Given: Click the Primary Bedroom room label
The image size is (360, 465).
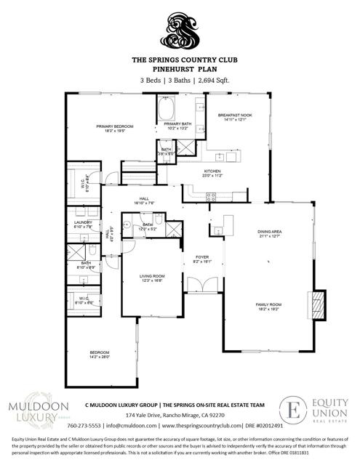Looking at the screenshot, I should (x=113, y=129).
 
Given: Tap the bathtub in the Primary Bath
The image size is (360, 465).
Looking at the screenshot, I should (x=166, y=110).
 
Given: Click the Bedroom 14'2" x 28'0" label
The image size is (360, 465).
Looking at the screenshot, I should (x=100, y=355).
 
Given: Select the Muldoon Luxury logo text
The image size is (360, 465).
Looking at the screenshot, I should (x=38, y=411).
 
